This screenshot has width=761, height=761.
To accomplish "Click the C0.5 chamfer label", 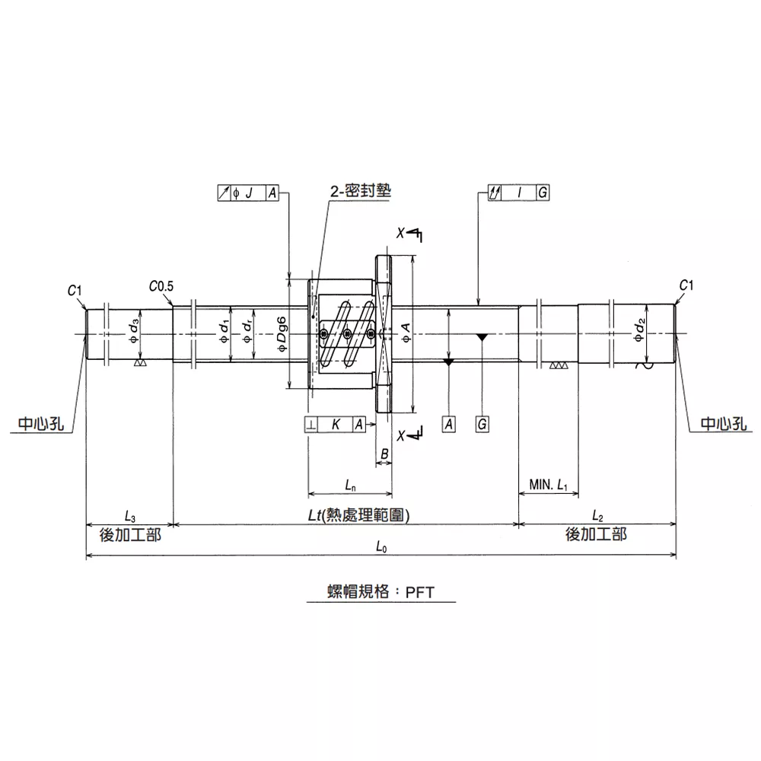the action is tap(161, 286).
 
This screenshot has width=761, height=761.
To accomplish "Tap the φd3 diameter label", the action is tap(134, 331).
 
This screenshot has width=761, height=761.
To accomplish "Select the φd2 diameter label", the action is tap(639, 330).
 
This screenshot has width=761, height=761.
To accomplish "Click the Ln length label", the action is tap(350, 485).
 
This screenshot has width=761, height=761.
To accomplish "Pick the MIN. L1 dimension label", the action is tap(549, 484).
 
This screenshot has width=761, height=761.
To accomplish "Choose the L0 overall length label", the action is tap(381, 547).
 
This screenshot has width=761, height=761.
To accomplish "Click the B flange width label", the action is tap(384, 454).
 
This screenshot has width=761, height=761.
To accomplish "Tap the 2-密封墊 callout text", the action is tap(361, 191).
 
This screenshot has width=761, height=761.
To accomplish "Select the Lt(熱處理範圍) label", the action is tap(359, 515).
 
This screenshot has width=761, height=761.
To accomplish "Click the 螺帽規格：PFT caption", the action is tap(381, 591).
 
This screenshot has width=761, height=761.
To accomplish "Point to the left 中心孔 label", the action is tap(41, 424).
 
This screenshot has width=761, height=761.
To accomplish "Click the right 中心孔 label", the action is tap(724, 424).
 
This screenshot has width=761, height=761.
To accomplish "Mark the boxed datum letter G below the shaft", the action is tap(482, 424).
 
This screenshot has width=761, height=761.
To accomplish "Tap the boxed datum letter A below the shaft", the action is tap(449, 424).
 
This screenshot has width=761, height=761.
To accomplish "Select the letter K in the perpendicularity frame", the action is tap(336, 425).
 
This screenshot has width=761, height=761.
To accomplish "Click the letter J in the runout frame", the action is tap(249, 193).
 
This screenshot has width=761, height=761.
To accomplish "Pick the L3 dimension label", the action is tap(129, 516).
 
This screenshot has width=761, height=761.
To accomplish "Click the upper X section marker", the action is tap(400, 233).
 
